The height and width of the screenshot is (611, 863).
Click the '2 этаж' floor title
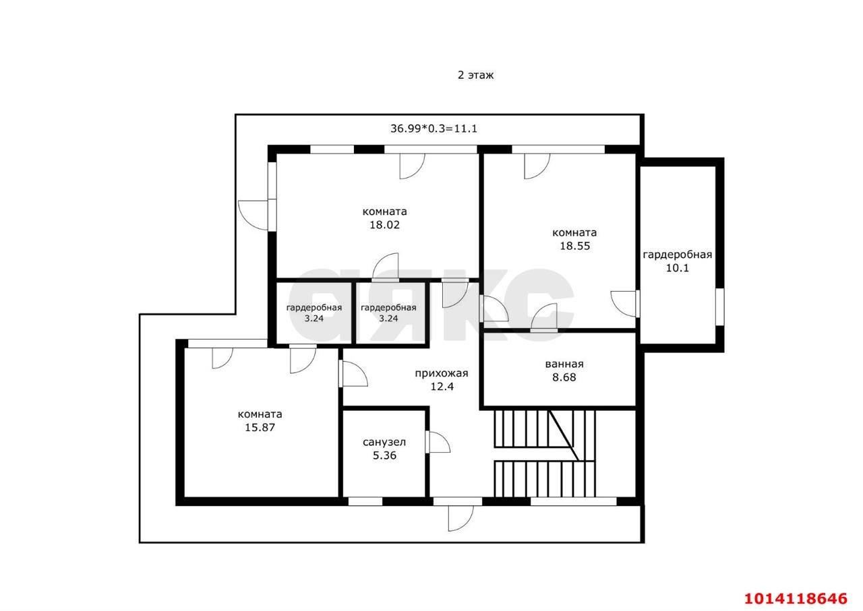click(475, 75)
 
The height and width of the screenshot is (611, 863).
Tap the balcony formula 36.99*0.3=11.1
click(434, 128)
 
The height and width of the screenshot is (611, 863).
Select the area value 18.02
click(384, 224)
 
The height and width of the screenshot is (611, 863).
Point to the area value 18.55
click(574, 246)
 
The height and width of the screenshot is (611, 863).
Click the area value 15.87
click(260, 427)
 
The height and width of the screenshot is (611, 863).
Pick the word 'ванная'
click(564, 364)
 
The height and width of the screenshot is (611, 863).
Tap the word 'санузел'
click(384, 443)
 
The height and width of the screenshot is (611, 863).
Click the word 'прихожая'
click(442, 373)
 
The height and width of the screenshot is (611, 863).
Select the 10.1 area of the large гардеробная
click(678, 267)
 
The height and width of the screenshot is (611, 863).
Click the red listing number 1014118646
click(796, 598)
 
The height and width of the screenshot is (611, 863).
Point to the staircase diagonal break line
click(564, 435)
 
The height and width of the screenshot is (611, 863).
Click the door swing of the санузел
click(438, 442)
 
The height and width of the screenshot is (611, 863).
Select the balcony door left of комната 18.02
click(254, 216)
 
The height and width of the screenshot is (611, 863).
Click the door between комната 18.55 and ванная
click(544, 317)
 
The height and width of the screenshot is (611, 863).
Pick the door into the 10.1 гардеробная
click(625, 304)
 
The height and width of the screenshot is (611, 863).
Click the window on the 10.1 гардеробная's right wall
click(719, 307)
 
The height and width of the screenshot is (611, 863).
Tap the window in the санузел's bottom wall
click(365, 501)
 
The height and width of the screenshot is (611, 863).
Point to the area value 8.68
click(564, 377)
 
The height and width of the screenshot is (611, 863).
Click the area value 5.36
click(384, 455)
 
